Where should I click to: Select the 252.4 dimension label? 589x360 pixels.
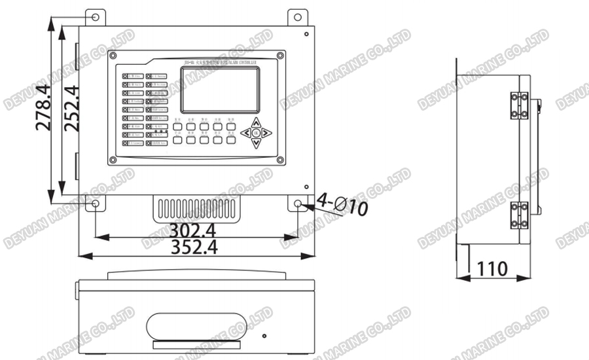pos(70,109)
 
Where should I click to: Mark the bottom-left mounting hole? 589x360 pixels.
pos(96,204)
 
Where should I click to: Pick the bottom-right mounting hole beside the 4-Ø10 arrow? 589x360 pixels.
pos(298,204)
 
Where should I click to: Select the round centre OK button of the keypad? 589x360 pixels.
pos(257,133)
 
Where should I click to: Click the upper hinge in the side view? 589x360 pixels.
pos(519,105)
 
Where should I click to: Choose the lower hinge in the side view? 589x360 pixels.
pos(519,215)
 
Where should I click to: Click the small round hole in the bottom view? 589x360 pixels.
pos(264,336)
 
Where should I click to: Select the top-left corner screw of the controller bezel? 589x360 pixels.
pos(114,56)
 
